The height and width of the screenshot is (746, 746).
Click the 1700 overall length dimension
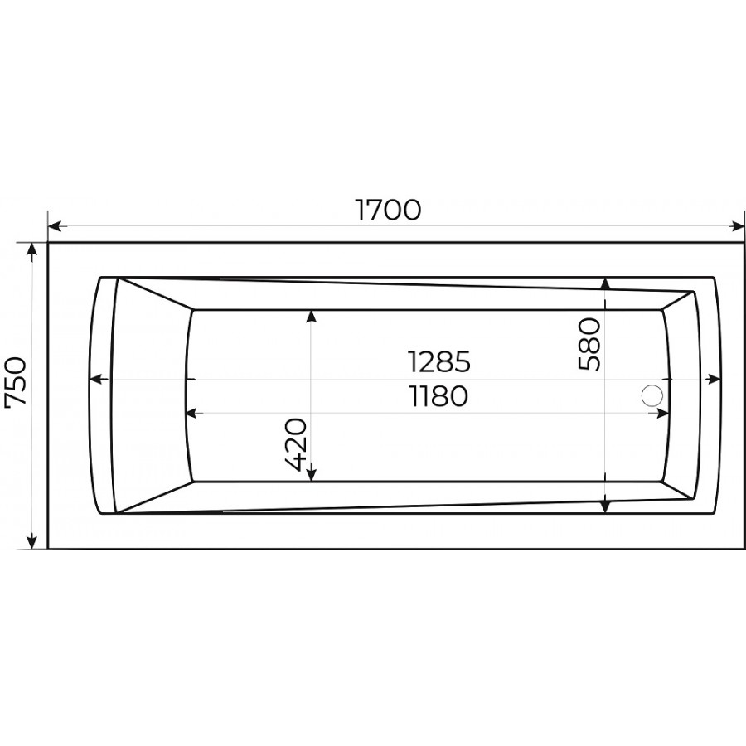click(x=388, y=211)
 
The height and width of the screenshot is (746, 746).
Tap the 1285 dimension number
click(x=439, y=361)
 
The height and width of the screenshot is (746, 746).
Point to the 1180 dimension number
click(x=439, y=396)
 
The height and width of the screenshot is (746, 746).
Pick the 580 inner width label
click(x=589, y=344)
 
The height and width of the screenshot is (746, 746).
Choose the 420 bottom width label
click(x=296, y=444)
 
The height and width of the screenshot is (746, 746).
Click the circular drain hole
click(x=652, y=395)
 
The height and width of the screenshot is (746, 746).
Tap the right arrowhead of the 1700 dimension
click(x=738, y=226)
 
